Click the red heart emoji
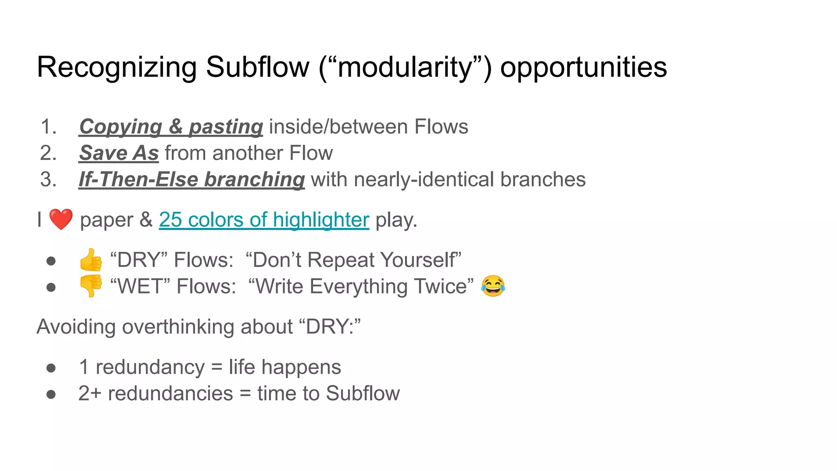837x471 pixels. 61,219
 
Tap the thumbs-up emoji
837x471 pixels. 91,260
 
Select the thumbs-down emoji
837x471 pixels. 91,286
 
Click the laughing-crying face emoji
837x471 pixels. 493,286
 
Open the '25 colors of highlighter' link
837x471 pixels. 264,220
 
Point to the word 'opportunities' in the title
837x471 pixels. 583,67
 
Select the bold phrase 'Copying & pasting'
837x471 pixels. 171,127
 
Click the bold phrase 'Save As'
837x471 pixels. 119,153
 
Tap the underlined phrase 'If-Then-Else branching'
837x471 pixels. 192,179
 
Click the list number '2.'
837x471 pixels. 48,153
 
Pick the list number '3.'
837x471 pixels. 48,179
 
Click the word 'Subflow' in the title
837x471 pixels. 257,67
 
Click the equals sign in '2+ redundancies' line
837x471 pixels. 245,394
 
